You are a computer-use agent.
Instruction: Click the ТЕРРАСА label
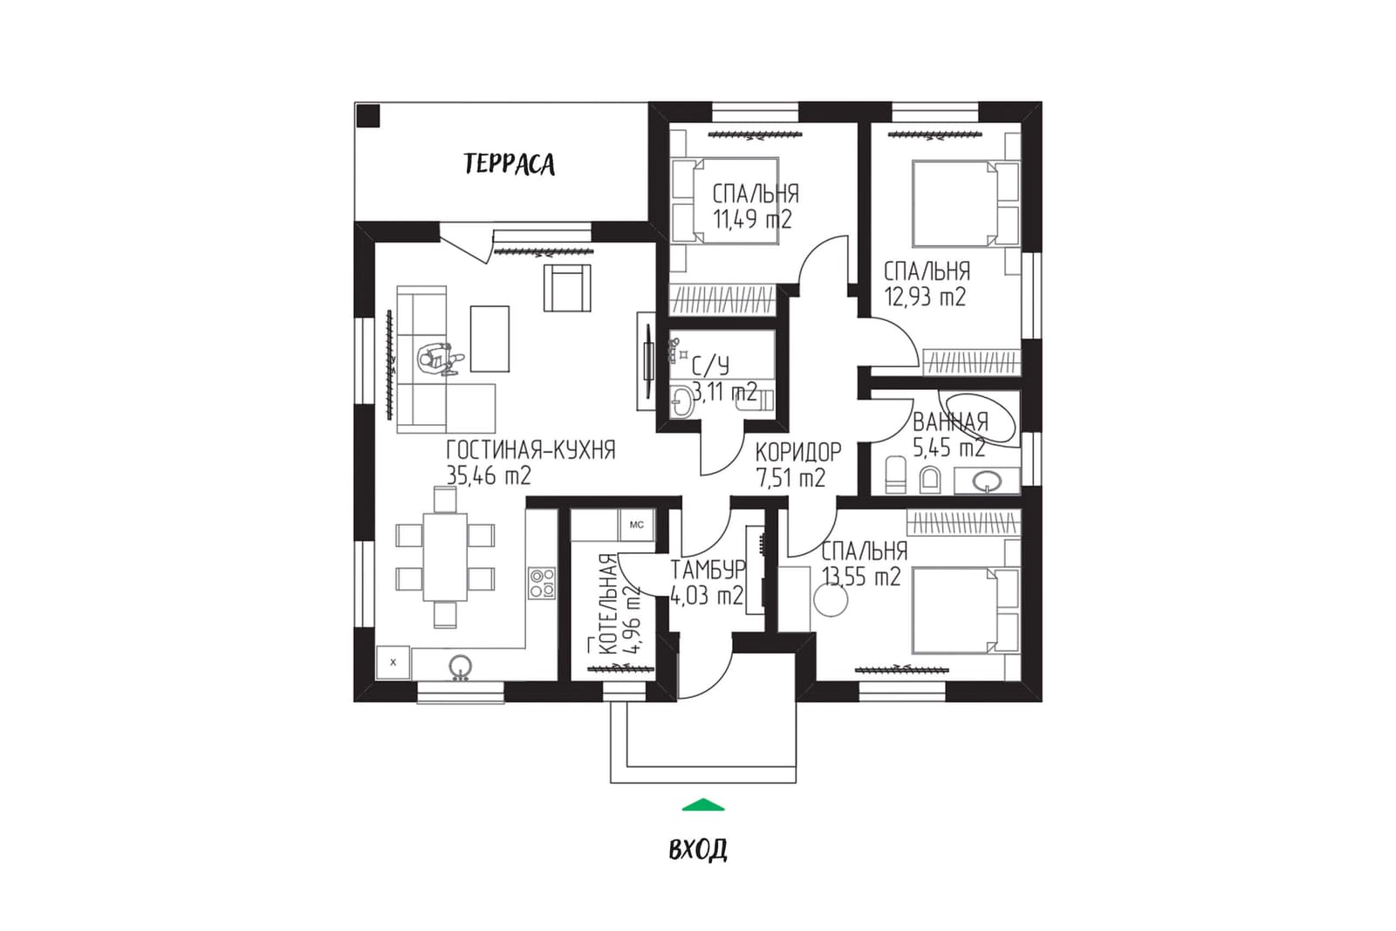[510, 164]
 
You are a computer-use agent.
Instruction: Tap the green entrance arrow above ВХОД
[703, 804]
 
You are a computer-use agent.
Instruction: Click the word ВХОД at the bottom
[698, 849]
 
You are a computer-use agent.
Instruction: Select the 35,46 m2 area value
[489, 476]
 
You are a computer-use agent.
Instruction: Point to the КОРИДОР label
[798, 451]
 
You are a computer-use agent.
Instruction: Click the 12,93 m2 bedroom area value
[926, 297]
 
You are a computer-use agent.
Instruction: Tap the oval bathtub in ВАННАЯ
[977, 420]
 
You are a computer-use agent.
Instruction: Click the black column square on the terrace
[367, 116]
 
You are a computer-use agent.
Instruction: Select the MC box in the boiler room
[636, 524]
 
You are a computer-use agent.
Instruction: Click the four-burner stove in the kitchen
[542, 583]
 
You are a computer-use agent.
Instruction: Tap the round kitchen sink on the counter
[460, 666]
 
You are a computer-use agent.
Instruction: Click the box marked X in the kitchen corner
[393, 662]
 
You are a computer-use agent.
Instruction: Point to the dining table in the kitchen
[445, 557]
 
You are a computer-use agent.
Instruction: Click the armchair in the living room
[567, 288]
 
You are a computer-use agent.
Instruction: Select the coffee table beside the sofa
[489, 339]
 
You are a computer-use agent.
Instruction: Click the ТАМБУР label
[708, 570]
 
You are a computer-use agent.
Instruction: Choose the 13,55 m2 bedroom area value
[862, 577]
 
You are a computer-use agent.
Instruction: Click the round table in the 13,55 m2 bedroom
[831, 600]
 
